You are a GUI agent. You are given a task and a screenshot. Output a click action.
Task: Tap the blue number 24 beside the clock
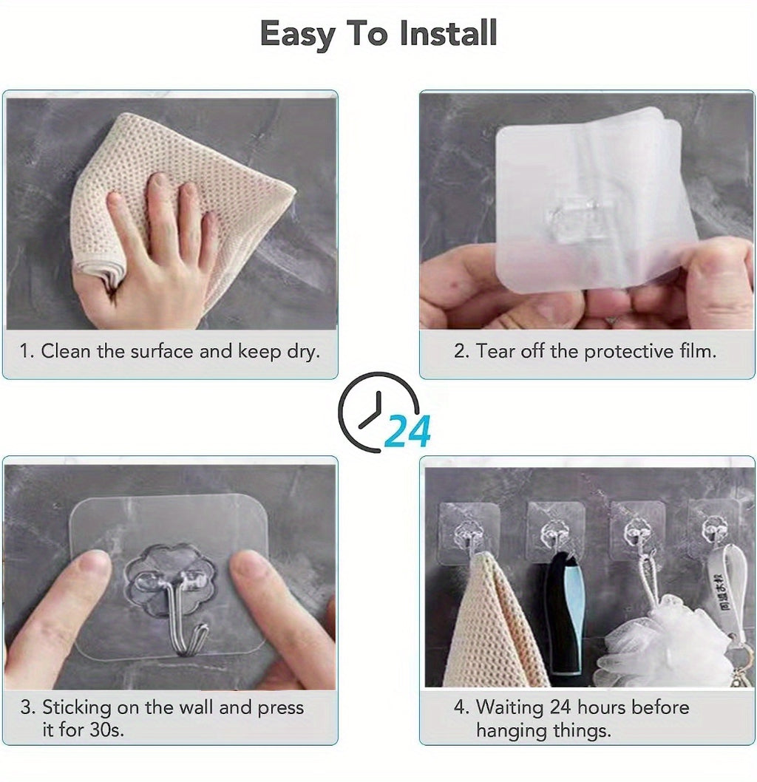coord(407,432)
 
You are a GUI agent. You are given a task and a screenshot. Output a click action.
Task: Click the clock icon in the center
coord(373,410)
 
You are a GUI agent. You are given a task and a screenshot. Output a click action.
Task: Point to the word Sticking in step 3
coord(78,707)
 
